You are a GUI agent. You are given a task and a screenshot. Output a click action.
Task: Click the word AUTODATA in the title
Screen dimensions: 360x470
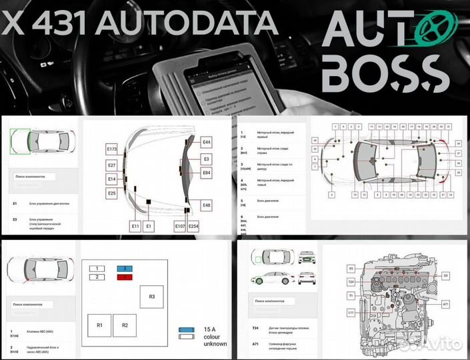[x=187, y=24]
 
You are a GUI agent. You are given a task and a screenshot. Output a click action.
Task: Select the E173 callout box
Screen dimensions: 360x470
[x=111, y=150]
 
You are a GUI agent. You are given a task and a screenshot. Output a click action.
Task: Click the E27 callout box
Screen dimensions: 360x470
[x=111, y=165]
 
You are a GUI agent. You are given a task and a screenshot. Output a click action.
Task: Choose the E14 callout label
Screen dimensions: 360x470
[x=111, y=179]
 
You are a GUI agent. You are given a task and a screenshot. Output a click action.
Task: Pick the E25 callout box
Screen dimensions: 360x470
[x=111, y=193]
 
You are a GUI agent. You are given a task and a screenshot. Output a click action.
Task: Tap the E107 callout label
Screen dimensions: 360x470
[x=179, y=227]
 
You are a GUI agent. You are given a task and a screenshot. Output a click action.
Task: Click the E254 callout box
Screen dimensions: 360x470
[x=193, y=227]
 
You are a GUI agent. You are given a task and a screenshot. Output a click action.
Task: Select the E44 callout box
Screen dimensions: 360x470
[x=207, y=143]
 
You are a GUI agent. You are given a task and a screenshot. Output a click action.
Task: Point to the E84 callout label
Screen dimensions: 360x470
[x=207, y=173]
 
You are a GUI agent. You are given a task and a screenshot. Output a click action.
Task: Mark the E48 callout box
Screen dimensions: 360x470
[x=207, y=205]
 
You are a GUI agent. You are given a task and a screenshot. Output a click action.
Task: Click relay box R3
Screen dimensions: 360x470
[x=151, y=296]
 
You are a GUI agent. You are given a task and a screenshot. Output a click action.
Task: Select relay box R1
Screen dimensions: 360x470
[x=99, y=325]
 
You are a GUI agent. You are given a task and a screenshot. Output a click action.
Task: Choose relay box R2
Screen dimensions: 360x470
[x=124, y=325]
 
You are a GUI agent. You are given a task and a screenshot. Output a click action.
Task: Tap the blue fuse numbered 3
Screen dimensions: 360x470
[x=123, y=267]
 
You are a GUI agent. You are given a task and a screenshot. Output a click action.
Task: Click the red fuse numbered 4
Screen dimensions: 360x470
[x=123, y=276]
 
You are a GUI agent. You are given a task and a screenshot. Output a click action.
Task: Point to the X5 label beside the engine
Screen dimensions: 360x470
[x=351, y=269]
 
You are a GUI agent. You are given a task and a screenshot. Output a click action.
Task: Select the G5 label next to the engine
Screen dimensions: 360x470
[x=446, y=275]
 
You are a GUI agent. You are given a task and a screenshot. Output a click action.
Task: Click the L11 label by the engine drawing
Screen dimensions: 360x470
[x=351, y=312]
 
